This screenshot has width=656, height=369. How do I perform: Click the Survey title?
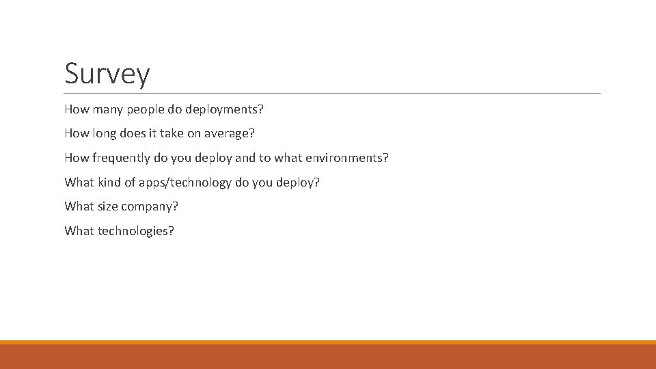tap(107, 74)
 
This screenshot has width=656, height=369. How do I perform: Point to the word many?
tap(107, 109)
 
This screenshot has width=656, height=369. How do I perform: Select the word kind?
tap(110, 182)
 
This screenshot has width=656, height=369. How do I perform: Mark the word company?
tap(150, 206)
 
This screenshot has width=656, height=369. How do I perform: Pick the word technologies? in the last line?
tap(136, 231)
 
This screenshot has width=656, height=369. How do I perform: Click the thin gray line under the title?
tap(333, 93)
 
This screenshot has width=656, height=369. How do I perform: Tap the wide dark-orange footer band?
tap(328, 356)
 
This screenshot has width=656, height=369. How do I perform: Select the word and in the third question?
tap(244, 158)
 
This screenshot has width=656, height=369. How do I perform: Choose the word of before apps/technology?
tap(130, 182)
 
